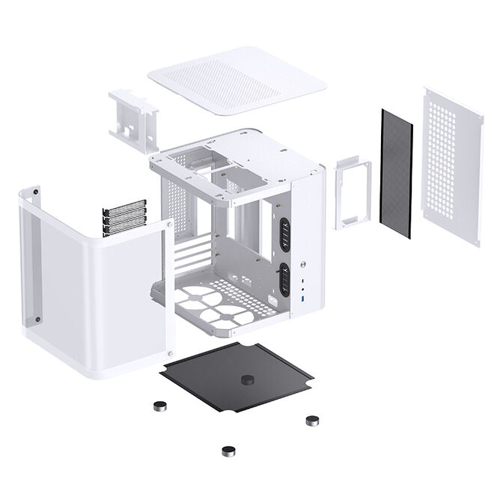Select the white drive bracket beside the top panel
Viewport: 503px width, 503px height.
(x=135, y=116)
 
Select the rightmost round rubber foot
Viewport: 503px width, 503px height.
(x=312, y=420)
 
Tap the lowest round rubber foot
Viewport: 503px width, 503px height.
(x=227, y=451)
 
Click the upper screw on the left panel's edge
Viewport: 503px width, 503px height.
(x=171, y=224)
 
